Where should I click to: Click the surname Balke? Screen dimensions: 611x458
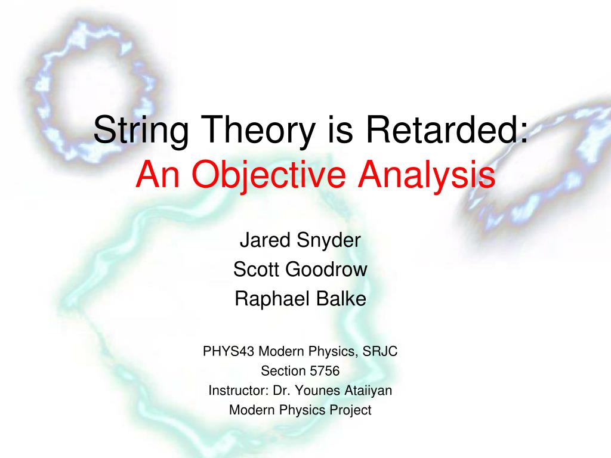pos(341,299)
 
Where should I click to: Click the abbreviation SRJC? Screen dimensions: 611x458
pos(380,351)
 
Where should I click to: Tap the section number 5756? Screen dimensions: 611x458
pos(325,371)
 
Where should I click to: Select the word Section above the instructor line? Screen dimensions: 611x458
pos(283,371)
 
